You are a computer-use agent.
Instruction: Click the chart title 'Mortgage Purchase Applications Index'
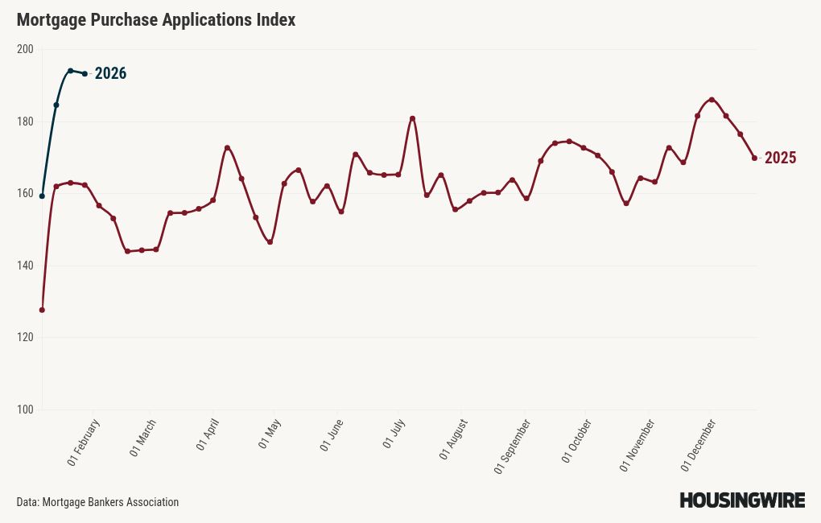click(156, 20)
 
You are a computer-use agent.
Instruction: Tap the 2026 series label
click(110, 74)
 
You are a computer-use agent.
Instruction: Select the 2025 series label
click(780, 159)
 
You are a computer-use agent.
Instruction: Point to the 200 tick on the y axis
click(25, 49)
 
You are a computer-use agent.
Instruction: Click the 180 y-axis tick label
click(25, 121)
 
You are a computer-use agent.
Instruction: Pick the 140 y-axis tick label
click(25, 266)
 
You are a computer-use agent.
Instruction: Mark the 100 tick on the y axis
click(25, 410)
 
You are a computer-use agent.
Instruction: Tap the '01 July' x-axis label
click(393, 434)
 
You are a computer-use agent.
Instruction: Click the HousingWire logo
click(742, 500)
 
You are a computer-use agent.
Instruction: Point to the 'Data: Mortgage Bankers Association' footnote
click(97, 502)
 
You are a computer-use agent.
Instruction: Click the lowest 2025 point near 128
click(42, 310)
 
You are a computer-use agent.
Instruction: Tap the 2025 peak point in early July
click(413, 118)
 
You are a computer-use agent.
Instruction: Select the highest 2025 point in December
click(712, 100)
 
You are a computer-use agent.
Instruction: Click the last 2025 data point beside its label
click(754, 158)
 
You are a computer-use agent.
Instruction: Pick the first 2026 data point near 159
click(42, 196)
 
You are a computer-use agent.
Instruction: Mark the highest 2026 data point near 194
click(71, 71)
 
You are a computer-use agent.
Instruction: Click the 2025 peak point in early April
click(227, 148)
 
